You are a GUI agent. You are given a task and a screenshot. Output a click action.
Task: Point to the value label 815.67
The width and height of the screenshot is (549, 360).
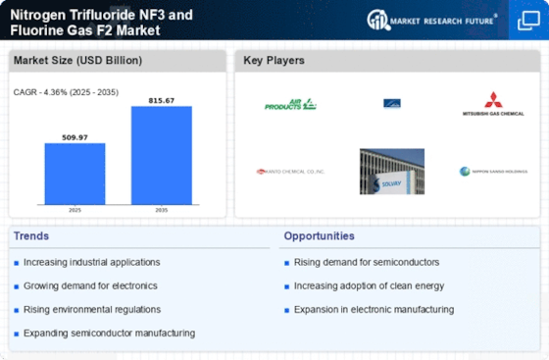(x=162, y=100)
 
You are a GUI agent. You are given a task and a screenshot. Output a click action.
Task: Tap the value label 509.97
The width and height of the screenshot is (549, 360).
(x=75, y=137)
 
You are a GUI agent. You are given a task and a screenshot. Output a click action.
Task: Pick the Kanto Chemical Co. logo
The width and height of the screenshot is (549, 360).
(x=289, y=171)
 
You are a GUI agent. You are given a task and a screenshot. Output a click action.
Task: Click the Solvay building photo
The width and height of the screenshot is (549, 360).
(x=392, y=171)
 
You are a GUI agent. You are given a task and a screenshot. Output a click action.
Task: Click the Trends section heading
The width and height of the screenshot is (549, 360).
(x=31, y=236)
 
